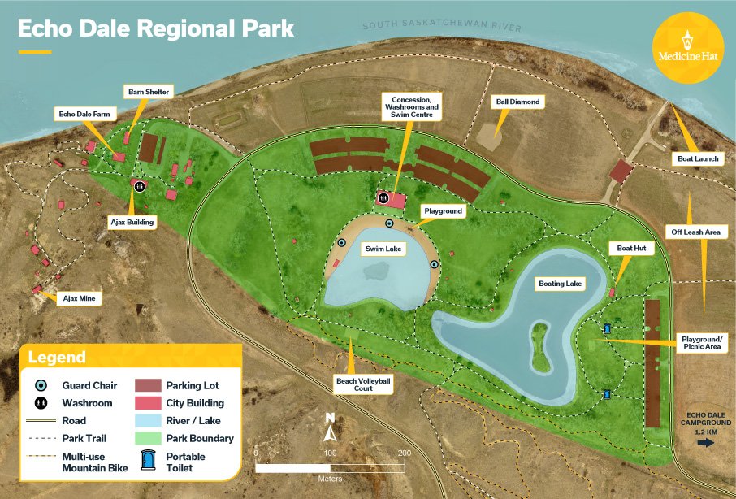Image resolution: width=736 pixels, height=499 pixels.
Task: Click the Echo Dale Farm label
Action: tap(88, 113)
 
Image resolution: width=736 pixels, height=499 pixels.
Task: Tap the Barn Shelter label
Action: tap(148, 92)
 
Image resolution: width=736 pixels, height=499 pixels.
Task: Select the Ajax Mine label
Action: tap(80, 298)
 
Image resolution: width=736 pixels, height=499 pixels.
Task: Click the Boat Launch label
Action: tap(699, 158)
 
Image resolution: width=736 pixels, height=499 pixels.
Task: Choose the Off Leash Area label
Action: tap(695, 232)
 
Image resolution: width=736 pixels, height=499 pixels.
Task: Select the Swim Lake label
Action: tap(379, 249)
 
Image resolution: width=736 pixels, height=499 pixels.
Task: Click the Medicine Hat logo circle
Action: tap(689, 48)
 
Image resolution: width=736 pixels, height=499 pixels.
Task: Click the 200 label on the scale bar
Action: tap(404, 452)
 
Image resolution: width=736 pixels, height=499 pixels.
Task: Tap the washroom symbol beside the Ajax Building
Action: tap(140, 186)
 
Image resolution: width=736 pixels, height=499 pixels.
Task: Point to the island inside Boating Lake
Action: tap(540, 343)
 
